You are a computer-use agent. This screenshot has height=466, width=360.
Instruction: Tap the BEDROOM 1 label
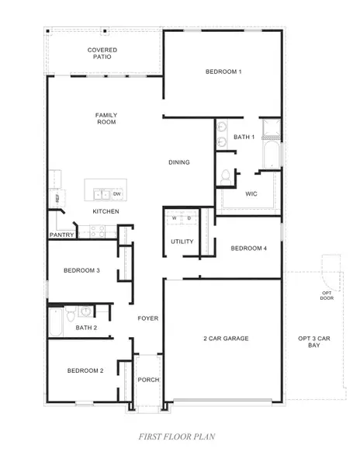223,72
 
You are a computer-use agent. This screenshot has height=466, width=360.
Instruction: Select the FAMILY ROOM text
106,120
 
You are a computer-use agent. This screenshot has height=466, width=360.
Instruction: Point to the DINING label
180,162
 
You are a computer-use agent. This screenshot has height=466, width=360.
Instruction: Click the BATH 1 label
244,137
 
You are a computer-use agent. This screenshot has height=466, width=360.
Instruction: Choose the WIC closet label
251,193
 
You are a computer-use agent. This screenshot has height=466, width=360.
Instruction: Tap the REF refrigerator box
57,198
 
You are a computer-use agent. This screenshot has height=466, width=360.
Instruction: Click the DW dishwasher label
117,193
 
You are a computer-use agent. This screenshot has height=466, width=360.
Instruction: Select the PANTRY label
61,235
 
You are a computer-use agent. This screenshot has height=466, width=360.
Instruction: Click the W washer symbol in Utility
175,218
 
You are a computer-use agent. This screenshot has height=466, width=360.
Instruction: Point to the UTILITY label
182,242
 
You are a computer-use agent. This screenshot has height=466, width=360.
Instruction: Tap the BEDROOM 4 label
249,249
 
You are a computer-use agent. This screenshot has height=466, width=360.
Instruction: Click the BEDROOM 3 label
81,270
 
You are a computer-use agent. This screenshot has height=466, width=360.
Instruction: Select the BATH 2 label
86,328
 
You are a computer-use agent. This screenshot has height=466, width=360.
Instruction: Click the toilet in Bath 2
71,313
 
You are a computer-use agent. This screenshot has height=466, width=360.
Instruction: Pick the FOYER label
148,318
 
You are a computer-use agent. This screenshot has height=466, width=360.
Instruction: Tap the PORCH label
148,380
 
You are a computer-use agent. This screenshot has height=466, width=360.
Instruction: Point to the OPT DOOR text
327,296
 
